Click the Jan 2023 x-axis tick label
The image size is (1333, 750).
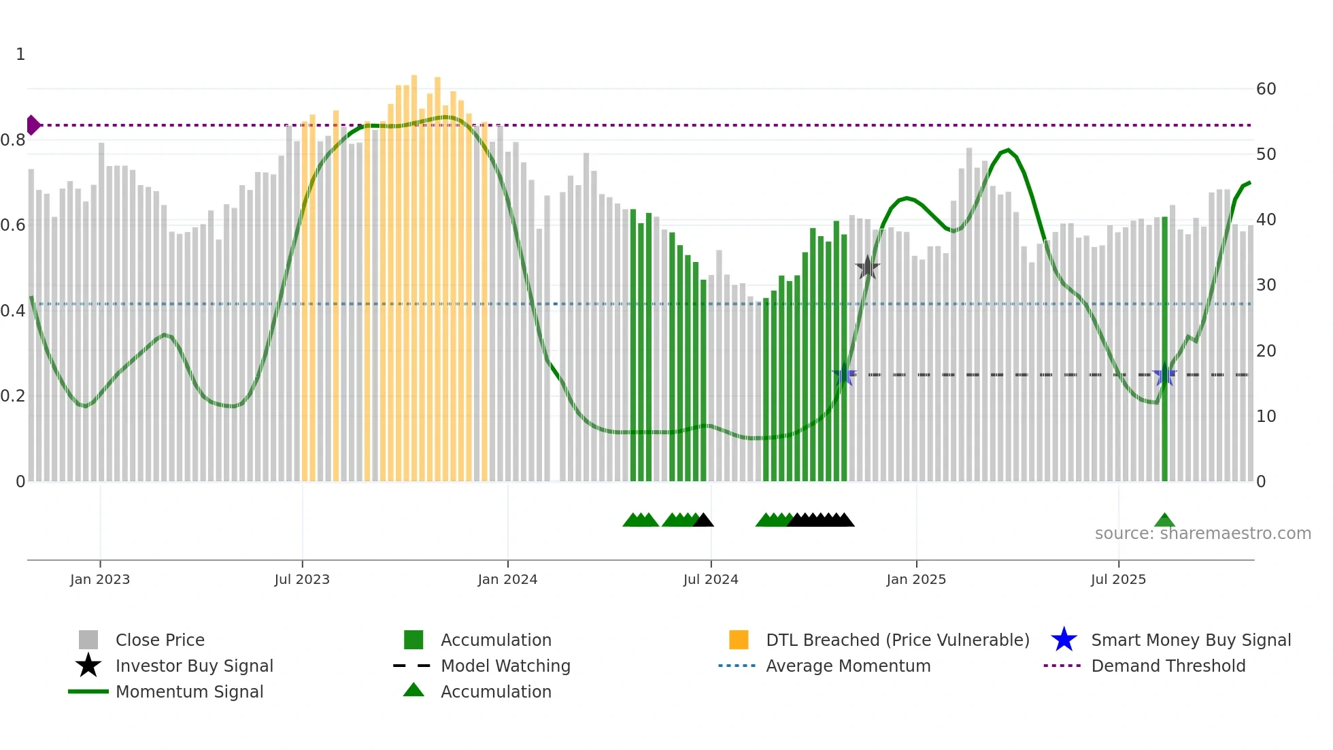100,580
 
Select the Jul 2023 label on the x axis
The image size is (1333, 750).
302,580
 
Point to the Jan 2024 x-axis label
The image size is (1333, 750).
507,580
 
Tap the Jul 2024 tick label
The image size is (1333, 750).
711,580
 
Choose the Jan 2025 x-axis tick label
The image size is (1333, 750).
916,580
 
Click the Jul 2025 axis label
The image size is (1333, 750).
1118,580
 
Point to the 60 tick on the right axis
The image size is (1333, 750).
1266,89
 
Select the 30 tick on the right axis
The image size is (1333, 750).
1266,285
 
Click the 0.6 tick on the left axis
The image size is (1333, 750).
13,225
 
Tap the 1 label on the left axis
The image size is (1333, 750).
20,54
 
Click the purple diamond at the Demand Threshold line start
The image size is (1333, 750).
33,125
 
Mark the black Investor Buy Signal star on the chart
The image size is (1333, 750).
867,267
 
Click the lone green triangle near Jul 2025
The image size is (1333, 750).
1164,521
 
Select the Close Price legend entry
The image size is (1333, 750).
160,640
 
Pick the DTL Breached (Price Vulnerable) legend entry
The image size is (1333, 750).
897,640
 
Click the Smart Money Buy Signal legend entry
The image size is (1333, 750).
1190,640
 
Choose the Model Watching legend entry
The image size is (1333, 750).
505,666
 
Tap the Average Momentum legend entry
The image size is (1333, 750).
848,666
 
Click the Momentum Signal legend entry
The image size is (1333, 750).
189,692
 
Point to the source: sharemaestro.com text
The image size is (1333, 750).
1202,534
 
